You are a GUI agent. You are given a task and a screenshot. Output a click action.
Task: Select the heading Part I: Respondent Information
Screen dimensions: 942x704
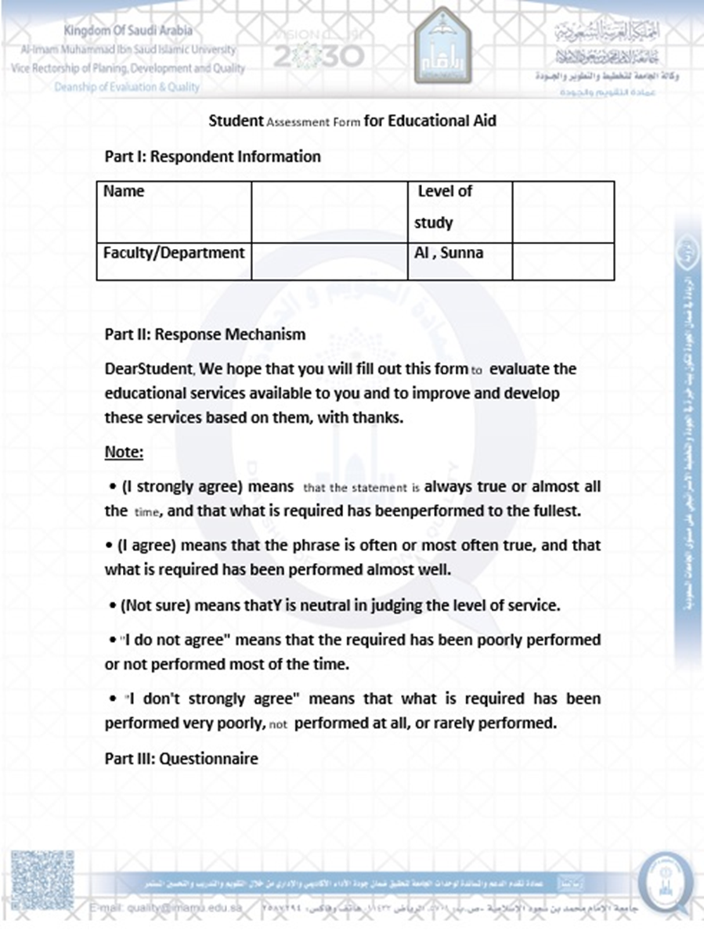212,157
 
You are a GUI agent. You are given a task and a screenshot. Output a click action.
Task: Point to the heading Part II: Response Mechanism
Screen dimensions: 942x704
204,334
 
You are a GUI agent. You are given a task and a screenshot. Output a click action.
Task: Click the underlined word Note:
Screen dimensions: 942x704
124,453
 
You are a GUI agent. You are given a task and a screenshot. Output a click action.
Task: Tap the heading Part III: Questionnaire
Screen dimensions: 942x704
181,759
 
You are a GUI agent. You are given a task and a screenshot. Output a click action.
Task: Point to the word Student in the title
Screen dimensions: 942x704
236,121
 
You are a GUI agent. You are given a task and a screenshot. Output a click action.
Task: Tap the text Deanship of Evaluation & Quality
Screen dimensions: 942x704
127,87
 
